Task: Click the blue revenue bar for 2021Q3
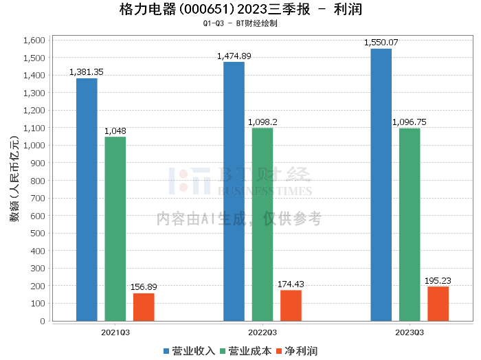87,199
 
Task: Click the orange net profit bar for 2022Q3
291,306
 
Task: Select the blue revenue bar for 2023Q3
381,185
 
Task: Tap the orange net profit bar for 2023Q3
438,304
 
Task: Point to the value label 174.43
292,284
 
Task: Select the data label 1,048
115,131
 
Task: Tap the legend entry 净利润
296,350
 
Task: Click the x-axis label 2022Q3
262,331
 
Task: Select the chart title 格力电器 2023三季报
240,10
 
